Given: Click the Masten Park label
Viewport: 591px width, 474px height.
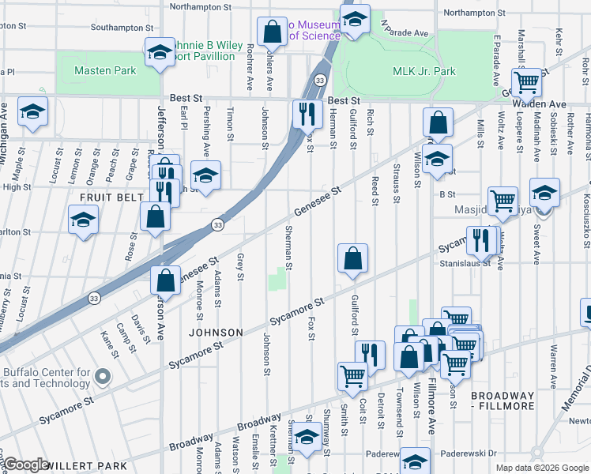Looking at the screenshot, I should [105, 70].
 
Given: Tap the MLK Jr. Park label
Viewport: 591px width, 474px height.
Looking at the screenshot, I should [423, 71].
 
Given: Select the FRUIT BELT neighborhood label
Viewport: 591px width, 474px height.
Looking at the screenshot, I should [107, 195].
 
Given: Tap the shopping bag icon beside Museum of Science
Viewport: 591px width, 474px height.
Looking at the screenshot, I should [272, 32].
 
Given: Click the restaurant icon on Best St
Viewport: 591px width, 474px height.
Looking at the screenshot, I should [307, 114].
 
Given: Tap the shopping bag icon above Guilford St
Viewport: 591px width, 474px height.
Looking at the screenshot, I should [352, 258].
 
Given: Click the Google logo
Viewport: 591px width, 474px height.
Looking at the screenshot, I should [26, 465].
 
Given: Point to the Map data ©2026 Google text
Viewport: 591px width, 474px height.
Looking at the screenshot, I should [541, 468].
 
